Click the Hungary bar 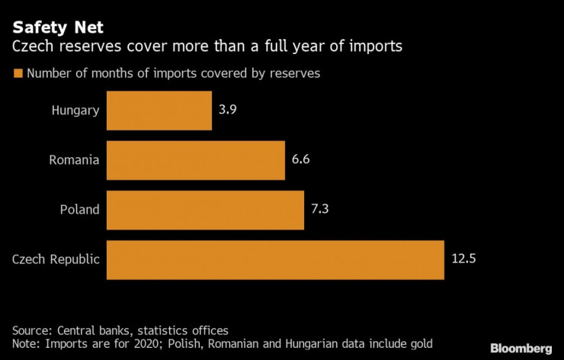tap(159, 111)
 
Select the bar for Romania tap(195, 160)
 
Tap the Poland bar tap(205, 210)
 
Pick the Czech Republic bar tap(275, 259)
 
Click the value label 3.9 tap(228, 111)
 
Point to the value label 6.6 tap(301, 160)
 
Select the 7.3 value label tap(320, 210)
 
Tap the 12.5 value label tap(463, 259)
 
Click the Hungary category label tap(75, 111)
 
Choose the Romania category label tap(74, 160)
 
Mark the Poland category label tap(79, 210)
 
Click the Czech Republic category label tap(56, 259)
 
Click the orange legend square tap(17, 74)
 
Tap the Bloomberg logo tap(521, 348)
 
